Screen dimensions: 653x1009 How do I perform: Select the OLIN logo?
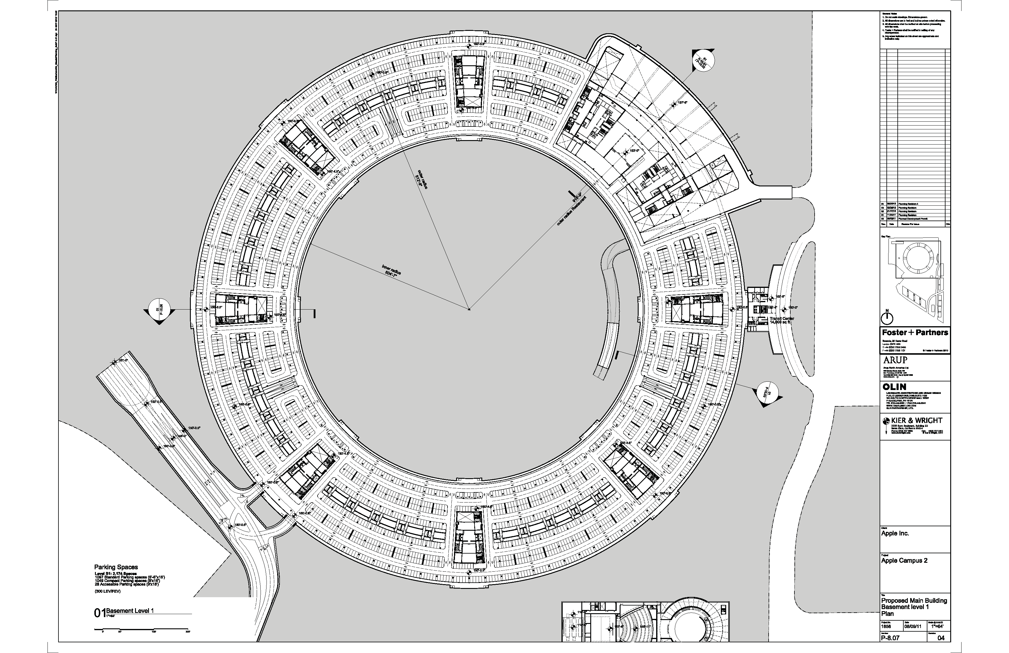pos(894,387)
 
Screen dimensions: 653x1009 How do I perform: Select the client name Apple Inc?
pos(895,533)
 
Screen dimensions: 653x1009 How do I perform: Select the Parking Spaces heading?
pos(116,567)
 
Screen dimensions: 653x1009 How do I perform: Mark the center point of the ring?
pos(469,310)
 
